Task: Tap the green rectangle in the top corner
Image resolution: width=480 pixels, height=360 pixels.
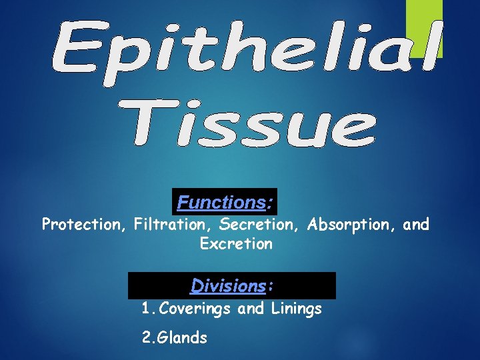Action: point(425,27)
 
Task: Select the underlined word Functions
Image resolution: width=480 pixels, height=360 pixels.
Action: point(221,201)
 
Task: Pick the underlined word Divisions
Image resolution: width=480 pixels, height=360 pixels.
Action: point(228,285)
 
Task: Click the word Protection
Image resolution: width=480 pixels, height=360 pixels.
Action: point(84,224)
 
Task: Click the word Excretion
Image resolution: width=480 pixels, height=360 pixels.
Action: point(236,244)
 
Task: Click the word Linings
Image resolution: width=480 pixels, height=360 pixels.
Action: point(296,309)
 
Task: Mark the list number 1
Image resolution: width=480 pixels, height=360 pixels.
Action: point(146,309)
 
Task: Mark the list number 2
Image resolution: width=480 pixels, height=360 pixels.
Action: point(147,337)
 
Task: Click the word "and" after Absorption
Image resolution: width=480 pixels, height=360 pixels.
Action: point(416,224)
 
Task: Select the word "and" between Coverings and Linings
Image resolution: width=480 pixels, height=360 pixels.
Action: point(251,309)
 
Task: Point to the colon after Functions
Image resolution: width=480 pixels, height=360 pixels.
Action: point(269,202)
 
